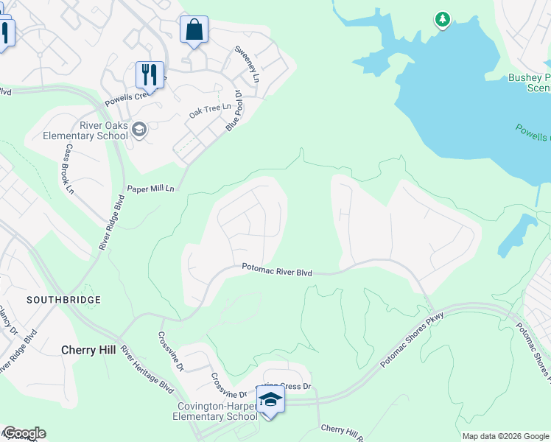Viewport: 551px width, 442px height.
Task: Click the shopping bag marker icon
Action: (x=194, y=31)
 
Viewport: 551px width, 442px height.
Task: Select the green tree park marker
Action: (x=442, y=19)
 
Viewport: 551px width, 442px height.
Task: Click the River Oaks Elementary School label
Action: (x=85, y=131)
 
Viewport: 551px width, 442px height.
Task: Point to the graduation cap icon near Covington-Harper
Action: (x=270, y=400)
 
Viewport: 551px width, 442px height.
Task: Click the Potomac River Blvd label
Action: (x=277, y=272)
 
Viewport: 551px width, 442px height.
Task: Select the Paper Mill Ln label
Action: (x=150, y=189)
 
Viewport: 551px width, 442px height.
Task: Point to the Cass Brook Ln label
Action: (x=70, y=169)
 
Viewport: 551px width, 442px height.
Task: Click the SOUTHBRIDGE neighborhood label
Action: (x=63, y=301)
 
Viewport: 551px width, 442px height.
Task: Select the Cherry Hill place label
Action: (x=88, y=351)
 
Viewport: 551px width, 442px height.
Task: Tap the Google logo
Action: (x=24, y=433)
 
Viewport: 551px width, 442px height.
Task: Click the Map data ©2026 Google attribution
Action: (x=505, y=436)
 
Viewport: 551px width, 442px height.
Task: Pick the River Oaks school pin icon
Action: (x=139, y=130)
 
